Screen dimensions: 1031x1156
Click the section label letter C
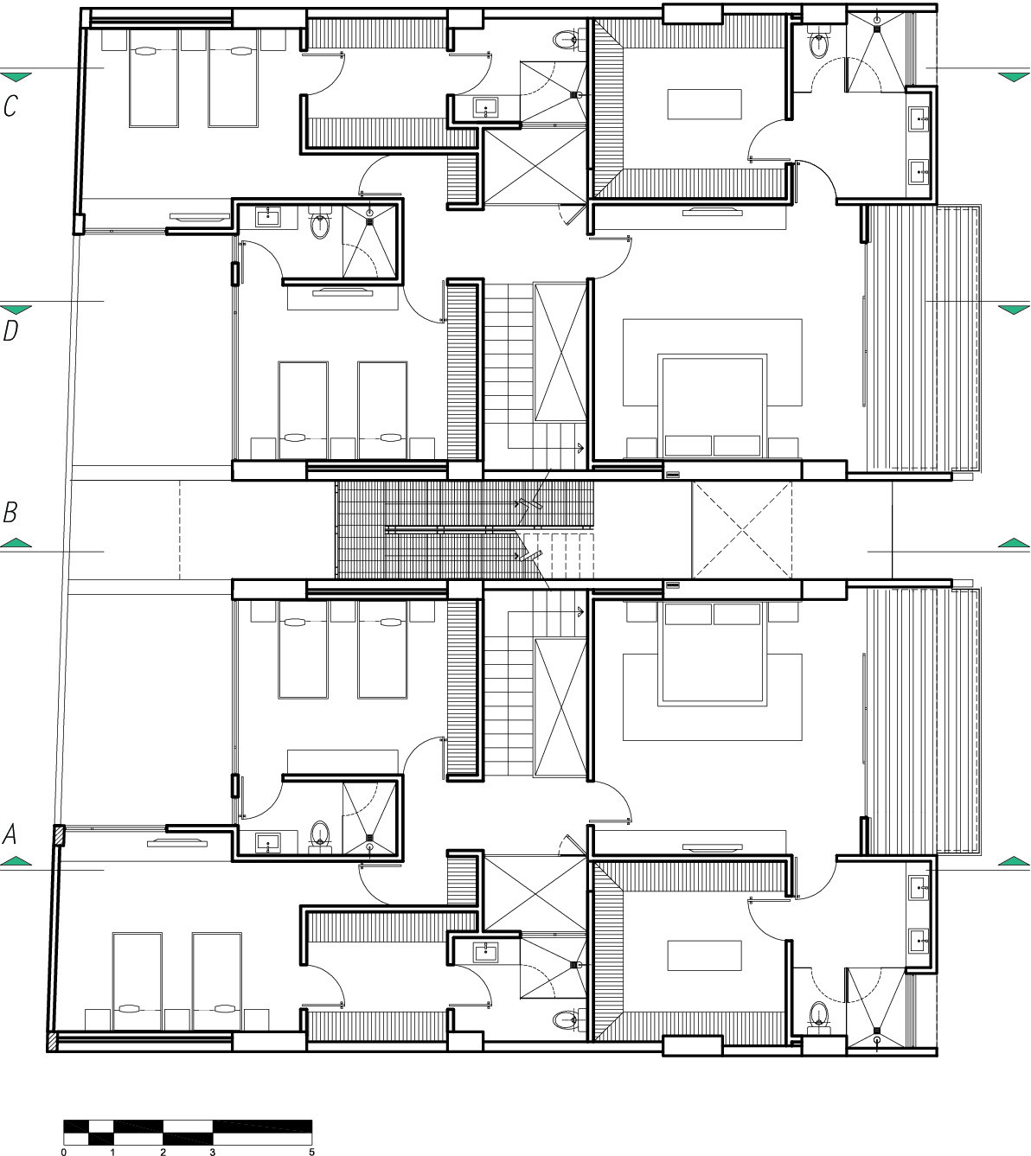click(x=10, y=105)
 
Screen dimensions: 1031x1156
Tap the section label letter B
click(x=10, y=512)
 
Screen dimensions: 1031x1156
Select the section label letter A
click(x=10, y=833)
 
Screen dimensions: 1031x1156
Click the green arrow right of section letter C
click(x=16, y=77)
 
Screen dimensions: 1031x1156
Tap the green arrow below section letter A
click(x=16, y=861)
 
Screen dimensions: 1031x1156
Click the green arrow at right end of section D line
click(x=1014, y=310)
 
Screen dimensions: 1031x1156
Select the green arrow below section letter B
click(x=16, y=543)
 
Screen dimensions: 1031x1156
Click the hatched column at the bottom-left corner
click(x=52, y=1042)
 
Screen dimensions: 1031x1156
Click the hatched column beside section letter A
click(x=59, y=835)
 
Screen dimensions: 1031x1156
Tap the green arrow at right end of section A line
click(x=1014, y=861)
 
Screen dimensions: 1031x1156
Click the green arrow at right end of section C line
click(x=1014, y=77)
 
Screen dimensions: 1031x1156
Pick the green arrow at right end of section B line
click(x=1014, y=543)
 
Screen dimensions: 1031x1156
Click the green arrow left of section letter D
click(x=16, y=310)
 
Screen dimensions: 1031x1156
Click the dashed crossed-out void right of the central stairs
click(x=741, y=529)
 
